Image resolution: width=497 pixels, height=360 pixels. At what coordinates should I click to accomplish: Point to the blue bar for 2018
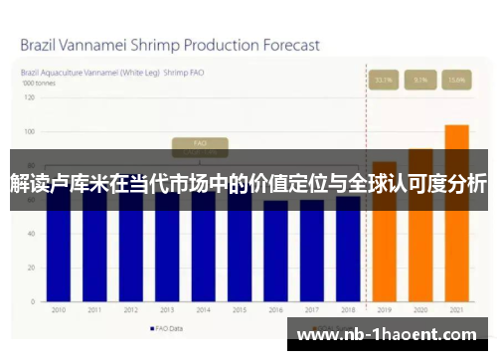pyautogui.click(x=347, y=254)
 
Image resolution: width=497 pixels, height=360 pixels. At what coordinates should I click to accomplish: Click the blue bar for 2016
pyautogui.click(x=275, y=254)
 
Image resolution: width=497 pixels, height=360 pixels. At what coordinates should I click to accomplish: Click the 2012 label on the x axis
pyautogui.click(x=130, y=310)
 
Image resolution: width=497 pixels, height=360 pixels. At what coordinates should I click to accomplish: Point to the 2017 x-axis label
pyautogui.click(x=311, y=310)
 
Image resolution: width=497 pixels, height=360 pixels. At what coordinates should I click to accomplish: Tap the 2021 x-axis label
pyautogui.click(x=456, y=310)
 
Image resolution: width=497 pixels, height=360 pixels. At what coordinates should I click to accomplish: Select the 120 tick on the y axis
pyautogui.click(x=29, y=96)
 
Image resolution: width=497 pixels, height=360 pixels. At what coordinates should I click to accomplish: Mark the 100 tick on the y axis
pyautogui.click(x=29, y=131)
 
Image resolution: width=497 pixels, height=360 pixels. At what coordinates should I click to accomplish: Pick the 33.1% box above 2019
pyautogui.click(x=384, y=79)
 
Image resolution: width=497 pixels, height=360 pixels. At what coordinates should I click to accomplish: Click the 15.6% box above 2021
pyautogui.click(x=456, y=79)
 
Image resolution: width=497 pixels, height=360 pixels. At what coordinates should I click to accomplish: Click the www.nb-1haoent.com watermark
pyautogui.click(x=391, y=335)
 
